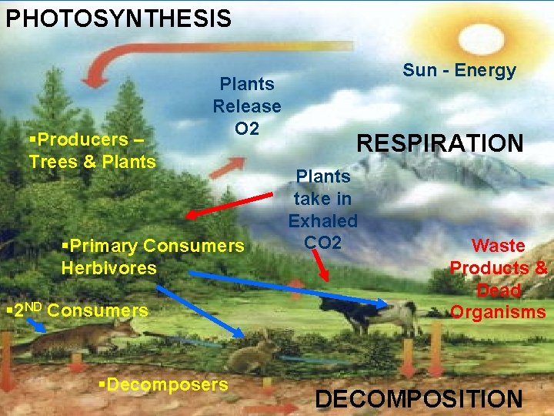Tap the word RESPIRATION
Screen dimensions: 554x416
[x=439, y=143]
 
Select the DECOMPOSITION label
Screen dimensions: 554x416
[x=419, y=399]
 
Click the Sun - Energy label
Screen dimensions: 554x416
[x=459, y=71]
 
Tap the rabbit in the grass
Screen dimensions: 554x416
[x=253, y=355]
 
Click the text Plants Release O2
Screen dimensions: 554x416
[x=247, y=106]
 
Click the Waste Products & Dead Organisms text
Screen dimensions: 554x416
[x=499, y=278]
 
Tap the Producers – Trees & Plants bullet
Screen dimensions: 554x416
[x=92, y=150]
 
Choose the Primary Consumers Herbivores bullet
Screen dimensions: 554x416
[x=152, y=257]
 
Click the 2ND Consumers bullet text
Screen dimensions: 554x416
[x=76, y=311]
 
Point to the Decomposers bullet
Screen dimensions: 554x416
[x=163, y=384]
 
